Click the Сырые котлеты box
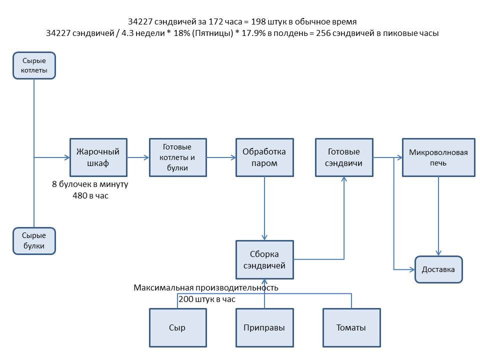point(34,66)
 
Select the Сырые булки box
point(34,241)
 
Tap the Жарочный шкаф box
point(98,157)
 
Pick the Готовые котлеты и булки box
point(178,157)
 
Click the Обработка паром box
point(264,157)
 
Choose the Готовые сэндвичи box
point(344,157)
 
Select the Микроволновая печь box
point(438,157)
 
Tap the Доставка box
point(438,269)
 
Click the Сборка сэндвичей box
point(264,259)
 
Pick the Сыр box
point(177,328)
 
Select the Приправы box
point(264,328)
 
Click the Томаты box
point(351,328)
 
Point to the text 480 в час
point(90,196)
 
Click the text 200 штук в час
point(206,299)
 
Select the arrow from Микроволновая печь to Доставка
point(439,215)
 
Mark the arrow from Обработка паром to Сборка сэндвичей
point(264,207)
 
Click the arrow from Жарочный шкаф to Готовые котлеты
point(138,157)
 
